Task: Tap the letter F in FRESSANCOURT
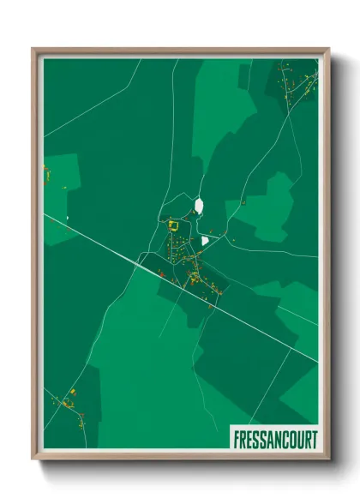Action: coord(236,438)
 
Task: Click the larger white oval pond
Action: coord(199,206)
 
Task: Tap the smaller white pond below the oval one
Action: coord(204,242)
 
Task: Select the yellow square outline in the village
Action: coord(173,225)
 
